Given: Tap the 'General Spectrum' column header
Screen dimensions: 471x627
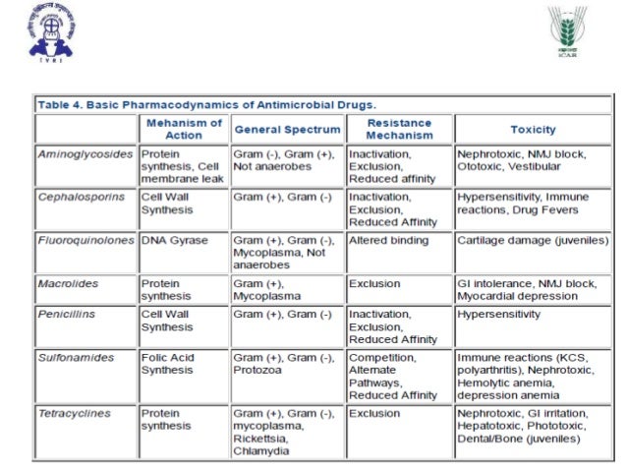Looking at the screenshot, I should tap(287, 129).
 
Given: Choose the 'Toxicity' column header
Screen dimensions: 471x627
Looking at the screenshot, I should tap(533, 129).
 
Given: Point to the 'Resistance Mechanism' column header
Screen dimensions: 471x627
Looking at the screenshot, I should tap(399, 129).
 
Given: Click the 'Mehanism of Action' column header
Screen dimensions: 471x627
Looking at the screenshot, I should tap(184, 129).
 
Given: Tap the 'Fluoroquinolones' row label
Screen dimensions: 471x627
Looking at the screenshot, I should tap(85, 240).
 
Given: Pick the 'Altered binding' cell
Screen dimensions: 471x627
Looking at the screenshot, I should tap(390, 240).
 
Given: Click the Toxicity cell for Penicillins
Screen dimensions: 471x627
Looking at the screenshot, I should tap(498, 315).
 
